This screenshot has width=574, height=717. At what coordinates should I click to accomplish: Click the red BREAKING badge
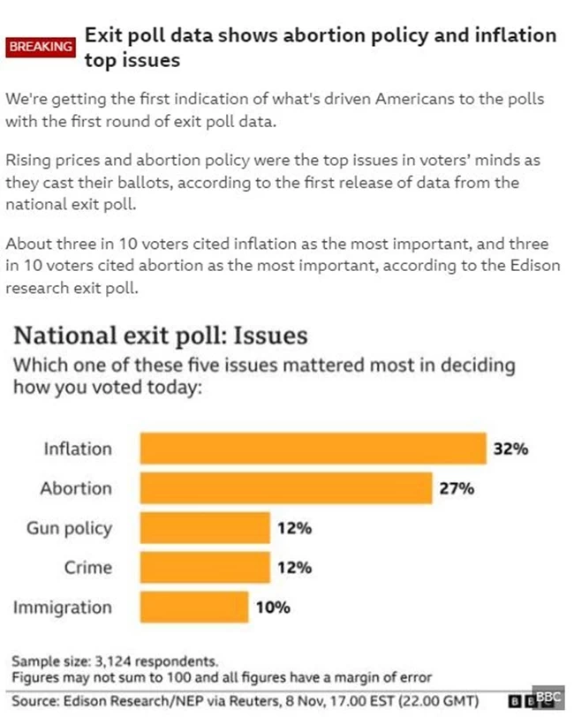click(41, 47)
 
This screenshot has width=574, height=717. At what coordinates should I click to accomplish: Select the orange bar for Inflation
click(313, 449)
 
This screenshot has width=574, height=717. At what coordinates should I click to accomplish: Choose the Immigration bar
click(194, 608)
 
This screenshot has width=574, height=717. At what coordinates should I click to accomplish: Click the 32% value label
click(510, 449)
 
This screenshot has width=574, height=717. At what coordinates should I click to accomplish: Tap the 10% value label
click(273, 608)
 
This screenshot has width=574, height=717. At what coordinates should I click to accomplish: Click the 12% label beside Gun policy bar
click(294, 528)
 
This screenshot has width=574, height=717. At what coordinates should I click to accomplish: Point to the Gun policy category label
click(69, 528)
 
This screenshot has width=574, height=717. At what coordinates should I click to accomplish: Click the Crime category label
click(87, 568)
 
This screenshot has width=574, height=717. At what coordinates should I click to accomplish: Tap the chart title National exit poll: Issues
click(159, 336)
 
